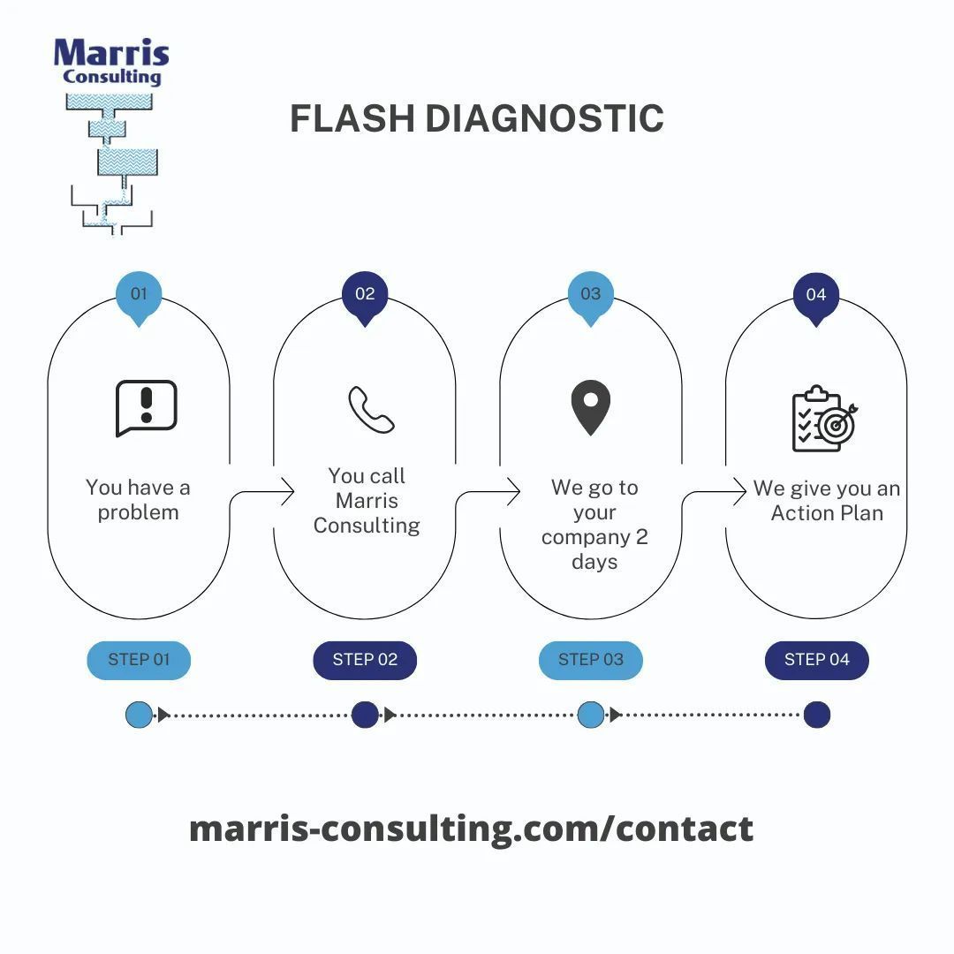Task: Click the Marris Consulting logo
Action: (x=111, y=132)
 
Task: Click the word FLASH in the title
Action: (x=352, y=119)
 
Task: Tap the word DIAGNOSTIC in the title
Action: (x=544, y=119)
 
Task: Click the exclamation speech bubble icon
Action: (x=147, y=408)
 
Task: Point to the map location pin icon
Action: (x=591, y=407)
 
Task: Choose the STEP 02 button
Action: (x=365, y=660)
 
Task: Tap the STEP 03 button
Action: (x=591, y=660)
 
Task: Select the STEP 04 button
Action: (x=816, y=660)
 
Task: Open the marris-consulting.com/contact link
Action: (x=471, y=829)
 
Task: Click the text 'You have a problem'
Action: (x=138, y=500)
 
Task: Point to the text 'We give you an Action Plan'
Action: (x=827, y=501)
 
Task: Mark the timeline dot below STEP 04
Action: (x=816, y=715)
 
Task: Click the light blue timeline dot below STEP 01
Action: (x=139, y=715)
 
